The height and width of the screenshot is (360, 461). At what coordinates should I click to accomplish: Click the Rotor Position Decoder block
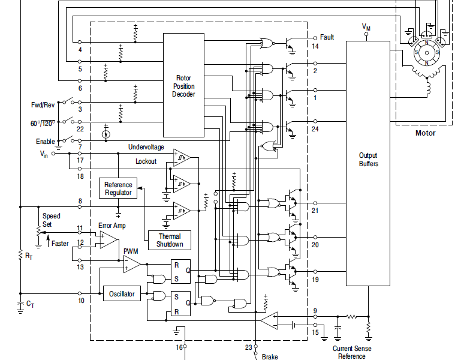pyautogui.click(x=184, y=85)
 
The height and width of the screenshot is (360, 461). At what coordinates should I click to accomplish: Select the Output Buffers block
pyautogui.click(x=368, y=163)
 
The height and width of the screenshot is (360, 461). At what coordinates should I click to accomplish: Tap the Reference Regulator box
pyautogui.click(x=118, y=188)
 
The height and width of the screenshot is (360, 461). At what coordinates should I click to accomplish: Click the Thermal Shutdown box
pyautogui.click(x=170, y=240)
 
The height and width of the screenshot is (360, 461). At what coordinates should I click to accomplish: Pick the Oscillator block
pyautogui.click(x=122, y=294)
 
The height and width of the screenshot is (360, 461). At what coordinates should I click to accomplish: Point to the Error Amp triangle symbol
pyautogui.click(x=109, y=239)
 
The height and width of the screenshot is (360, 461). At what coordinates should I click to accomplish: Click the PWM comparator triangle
pyautogui.click(x=132, y=264)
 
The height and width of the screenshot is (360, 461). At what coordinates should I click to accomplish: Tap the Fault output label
pyautogui.click(x=327, y=37)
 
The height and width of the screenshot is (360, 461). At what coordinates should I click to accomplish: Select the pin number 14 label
pyautogui.click(x=315, y=47)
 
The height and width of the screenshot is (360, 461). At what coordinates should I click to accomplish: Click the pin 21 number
pyautogui.click(x=315, y=211)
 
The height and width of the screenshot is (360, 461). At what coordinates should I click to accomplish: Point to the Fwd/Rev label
pyautogui.click(x=43, y=105)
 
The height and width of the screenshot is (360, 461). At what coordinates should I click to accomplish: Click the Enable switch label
pyautogui.click(x=46, y=142)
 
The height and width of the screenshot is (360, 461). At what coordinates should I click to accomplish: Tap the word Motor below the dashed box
pyautogui.click(x=426, y=133)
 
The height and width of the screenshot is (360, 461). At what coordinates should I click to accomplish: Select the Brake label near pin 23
pyautogui.click(x=270, y=357)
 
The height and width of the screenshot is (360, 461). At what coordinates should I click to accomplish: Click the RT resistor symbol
pyautogui.click(x=20, y=255)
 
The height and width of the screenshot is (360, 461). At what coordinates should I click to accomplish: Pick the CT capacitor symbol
pyautogui.click(x=20, y=304)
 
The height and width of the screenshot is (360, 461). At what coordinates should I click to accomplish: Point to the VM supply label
pyautogui.click(x=366, y=27)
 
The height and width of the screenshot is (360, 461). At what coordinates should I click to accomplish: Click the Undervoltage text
pyautogui.click(x=146, y=147)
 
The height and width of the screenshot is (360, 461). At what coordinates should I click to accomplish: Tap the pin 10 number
pyautogui.click(x=81, y=301)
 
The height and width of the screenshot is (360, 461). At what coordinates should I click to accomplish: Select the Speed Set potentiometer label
pyautogui.click(x=51, y=220)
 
